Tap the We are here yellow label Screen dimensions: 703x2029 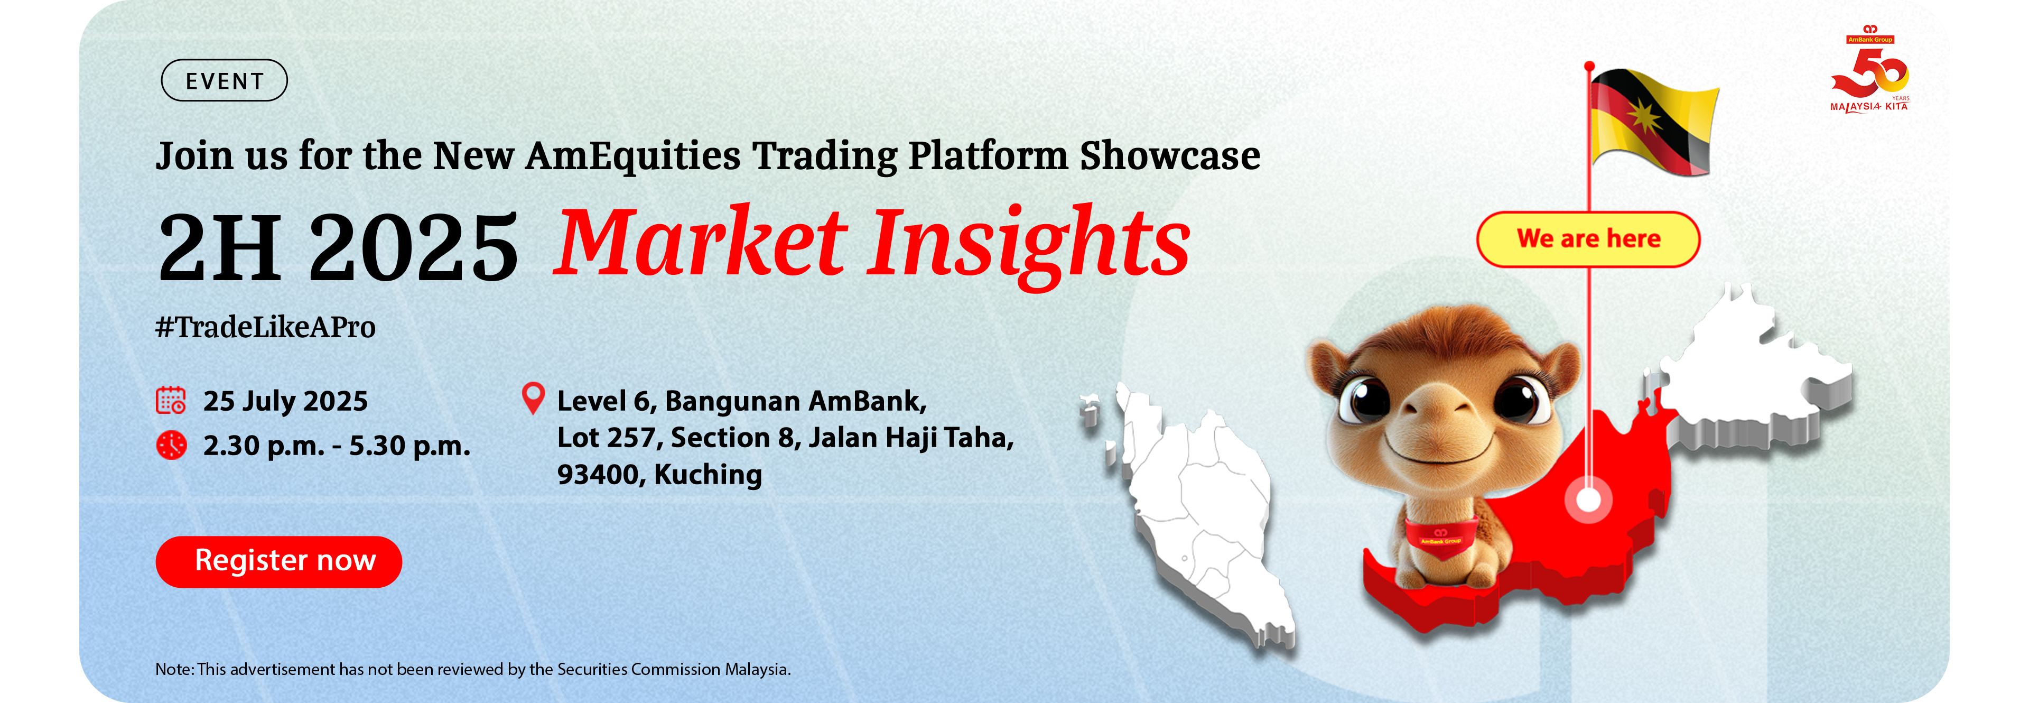point(1587,239)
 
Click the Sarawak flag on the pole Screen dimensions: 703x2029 point(1651,122)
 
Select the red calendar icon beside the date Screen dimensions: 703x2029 point(171,400)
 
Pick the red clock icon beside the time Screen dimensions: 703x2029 point(171,445)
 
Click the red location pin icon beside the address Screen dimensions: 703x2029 point(533,398)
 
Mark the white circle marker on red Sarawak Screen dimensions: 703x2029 point(1588,499)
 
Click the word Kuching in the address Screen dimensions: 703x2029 point(708,475)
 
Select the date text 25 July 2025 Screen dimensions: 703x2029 point(285,401)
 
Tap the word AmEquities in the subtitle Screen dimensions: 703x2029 point(632,155)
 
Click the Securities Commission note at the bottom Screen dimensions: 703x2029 point(472,669)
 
